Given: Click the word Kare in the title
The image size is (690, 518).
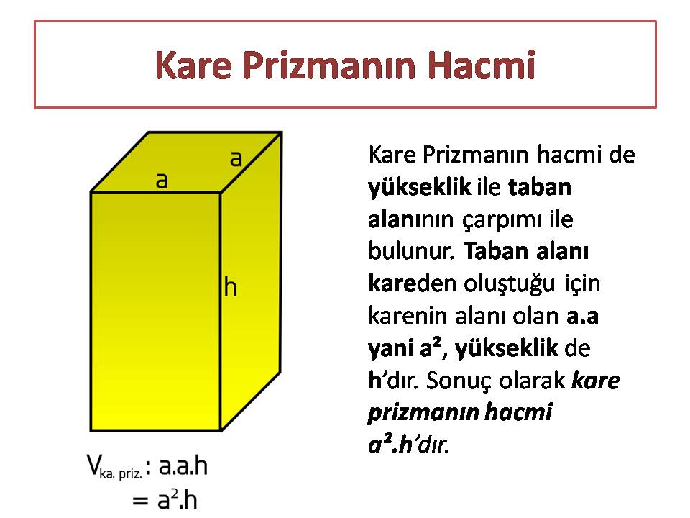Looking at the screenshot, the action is pyautogui.click(x=193, y=65).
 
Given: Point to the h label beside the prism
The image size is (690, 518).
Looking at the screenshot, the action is pyautogui.click(x=231, y=286).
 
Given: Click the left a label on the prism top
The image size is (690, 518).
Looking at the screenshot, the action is pyautogui.click(x=162, y=181).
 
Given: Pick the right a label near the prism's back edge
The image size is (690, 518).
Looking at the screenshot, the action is pyautogui.click(x=236, y=158).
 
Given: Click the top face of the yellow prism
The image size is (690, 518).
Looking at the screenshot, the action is pyautogui.click(x=185, y=162).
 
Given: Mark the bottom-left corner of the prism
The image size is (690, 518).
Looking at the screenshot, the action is pyautogui.click(x=91, y=430).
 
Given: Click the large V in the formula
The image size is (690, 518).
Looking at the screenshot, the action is pyautogui.click(x=93, y=465).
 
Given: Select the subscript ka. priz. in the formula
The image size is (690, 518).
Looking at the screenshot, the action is pyautogui.click(x=121, y=474).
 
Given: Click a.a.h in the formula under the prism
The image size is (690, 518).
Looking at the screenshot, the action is pyautogui.click(x=183, y=465).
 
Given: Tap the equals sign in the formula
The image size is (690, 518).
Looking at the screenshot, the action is pyautogui.click(x=140, y=501).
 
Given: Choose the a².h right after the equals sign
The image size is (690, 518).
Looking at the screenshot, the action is pyautogui.click(x=178, y=499).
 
